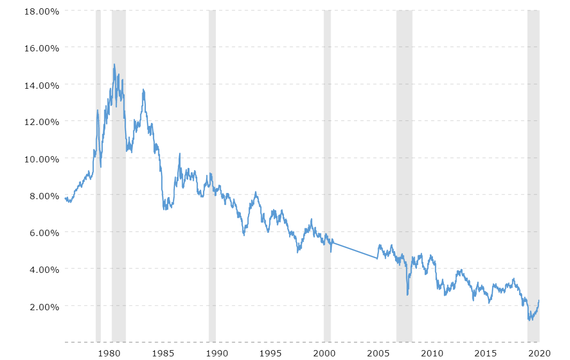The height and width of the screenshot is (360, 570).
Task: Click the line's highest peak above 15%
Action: [x=114, y=64]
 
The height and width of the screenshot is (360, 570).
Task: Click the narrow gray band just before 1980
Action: [x=98, y=176]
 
